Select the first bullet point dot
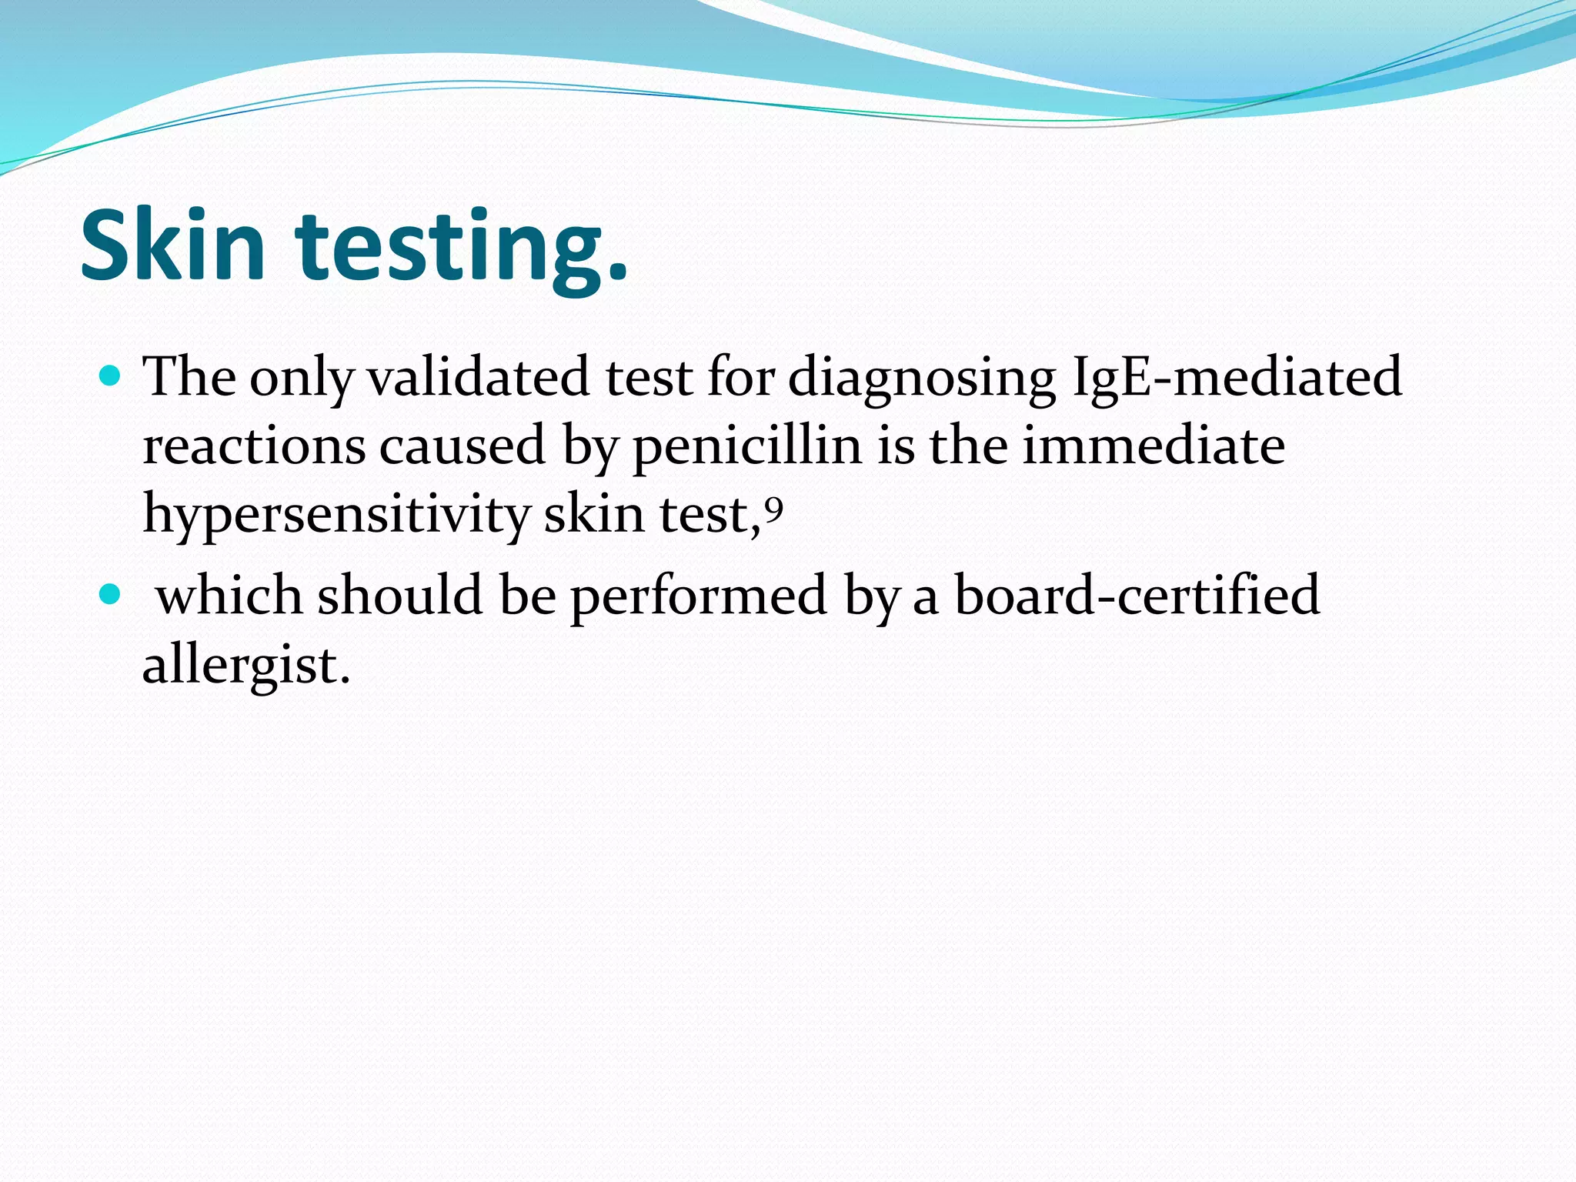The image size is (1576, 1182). click(x=111, y=376)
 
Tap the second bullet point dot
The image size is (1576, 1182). click(x=111, y=595)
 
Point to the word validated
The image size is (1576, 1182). click(x=478, y=377)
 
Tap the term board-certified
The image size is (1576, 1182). click(x=1137, y=595)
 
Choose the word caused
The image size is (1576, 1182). click(x=462, y=446)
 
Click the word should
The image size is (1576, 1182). click(x=400, y=595)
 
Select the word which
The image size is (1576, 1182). click(x=229, y=595)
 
